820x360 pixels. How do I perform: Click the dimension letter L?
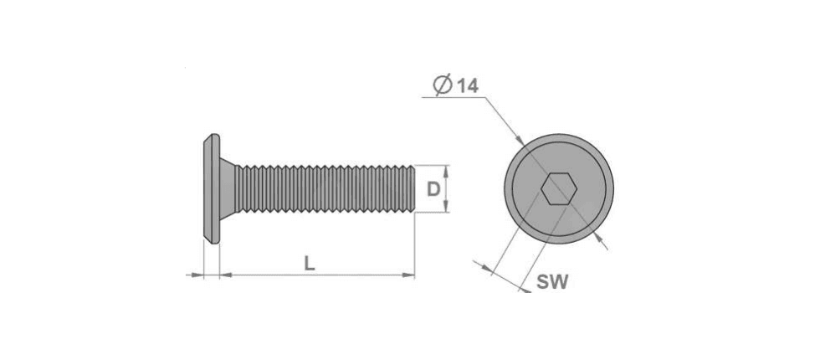tap(310, 265)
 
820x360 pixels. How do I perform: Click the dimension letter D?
tap(433, 189)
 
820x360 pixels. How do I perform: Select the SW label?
tap(552, 282)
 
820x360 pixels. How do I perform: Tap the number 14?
tap(468, 86)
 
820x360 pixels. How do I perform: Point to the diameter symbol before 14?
tap(443, 85)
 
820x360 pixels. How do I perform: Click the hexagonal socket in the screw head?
tap(559, 189)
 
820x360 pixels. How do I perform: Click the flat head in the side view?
tap(211, 189)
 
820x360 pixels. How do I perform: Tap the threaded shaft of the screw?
tap(325, 189)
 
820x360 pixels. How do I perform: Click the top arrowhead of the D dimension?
tap(446, 169)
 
